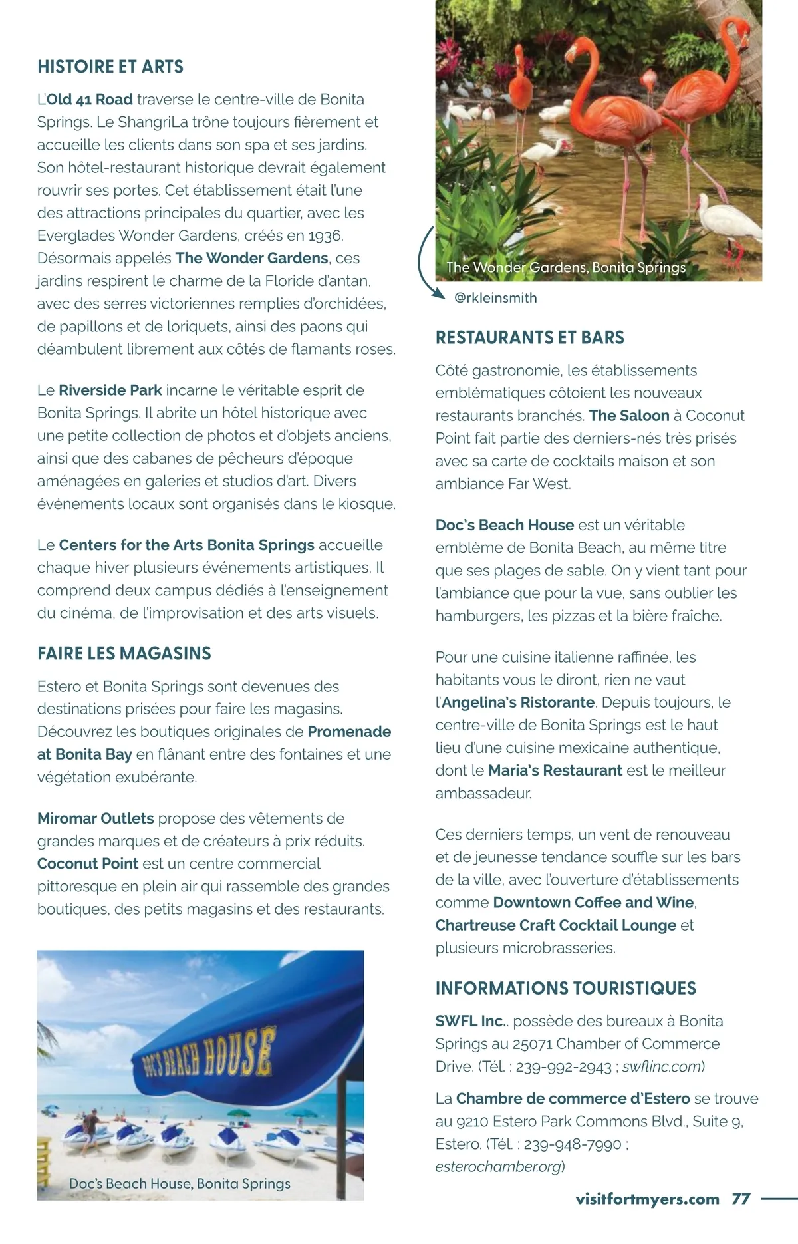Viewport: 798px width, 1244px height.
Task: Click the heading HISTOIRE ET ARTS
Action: pos(110,67)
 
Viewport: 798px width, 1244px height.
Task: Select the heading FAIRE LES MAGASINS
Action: pos(124,653)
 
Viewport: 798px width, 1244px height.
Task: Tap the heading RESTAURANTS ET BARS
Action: pos(530,337)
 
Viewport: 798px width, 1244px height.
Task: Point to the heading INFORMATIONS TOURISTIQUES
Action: pos(566,988)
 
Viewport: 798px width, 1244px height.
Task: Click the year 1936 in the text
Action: pos(325,235)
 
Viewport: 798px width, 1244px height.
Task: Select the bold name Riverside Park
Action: pos(110,390)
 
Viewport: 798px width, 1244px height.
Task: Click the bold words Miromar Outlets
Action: pos(96,818)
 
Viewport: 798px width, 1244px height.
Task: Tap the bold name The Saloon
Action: pos(629,416)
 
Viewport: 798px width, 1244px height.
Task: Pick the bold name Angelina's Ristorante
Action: pos(518,702)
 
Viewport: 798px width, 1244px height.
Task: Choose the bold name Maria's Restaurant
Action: pos(555,770)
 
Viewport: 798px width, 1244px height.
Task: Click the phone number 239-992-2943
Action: pos(564,1067)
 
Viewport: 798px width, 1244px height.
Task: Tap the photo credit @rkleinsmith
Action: pos(495,298)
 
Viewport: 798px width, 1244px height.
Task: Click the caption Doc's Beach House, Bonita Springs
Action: pos(180,1183)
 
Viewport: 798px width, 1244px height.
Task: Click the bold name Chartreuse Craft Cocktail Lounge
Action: pos(556,925)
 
